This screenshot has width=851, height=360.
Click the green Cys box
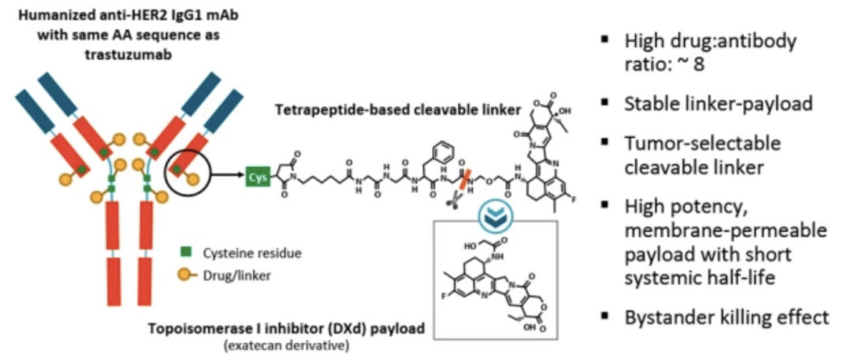pos(256,177)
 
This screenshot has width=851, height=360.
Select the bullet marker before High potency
pos(605,206)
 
